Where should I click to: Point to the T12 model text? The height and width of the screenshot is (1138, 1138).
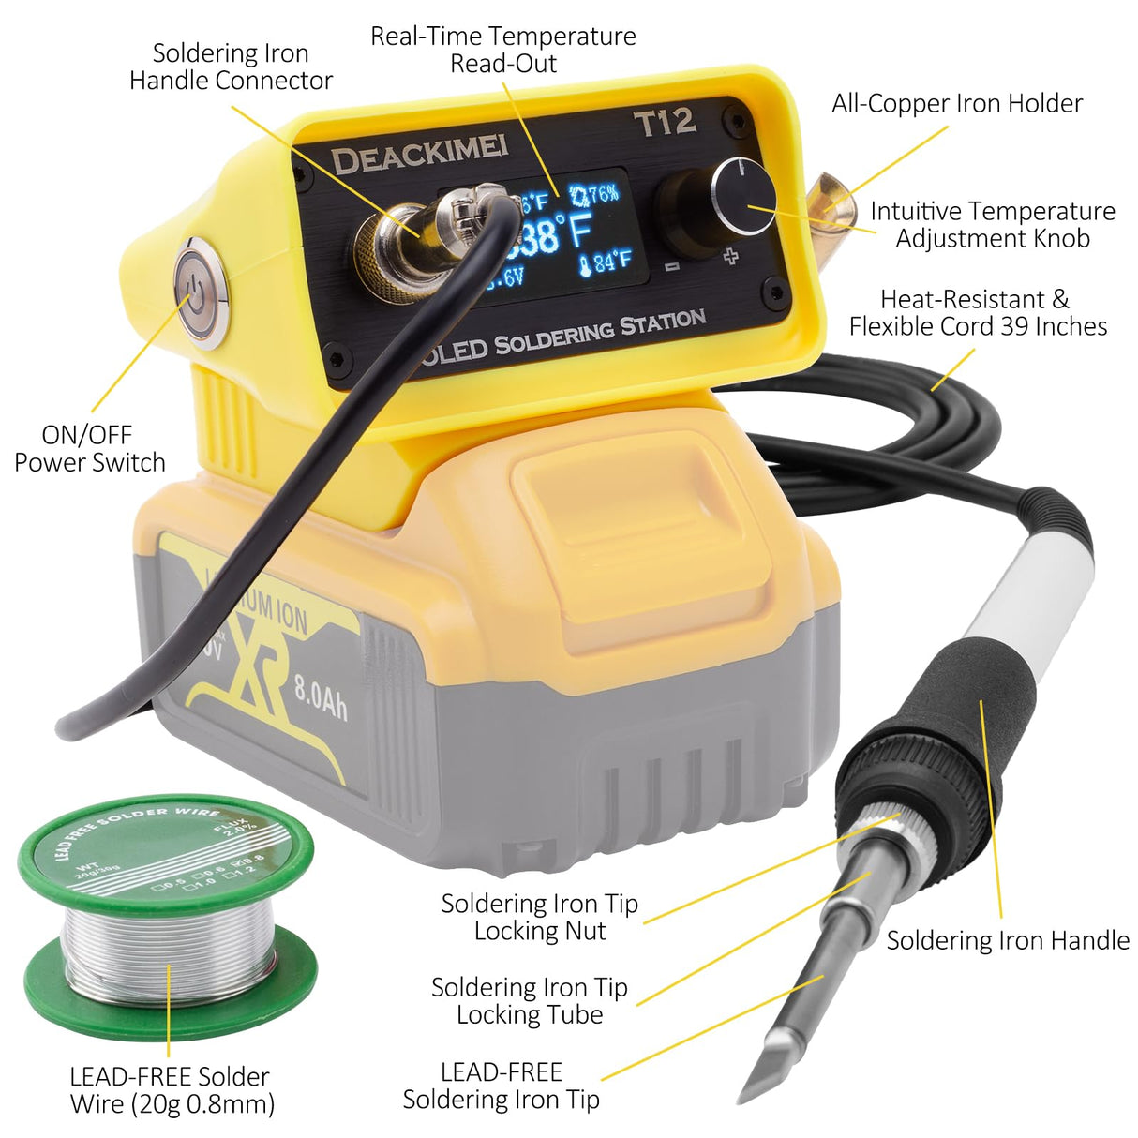[x=665, y=123]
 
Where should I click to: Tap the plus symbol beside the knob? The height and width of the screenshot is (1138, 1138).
[x=730, y=256]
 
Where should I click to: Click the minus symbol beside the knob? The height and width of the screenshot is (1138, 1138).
[x=671, y=267]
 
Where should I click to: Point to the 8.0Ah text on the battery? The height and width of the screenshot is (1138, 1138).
[x=321, y=695]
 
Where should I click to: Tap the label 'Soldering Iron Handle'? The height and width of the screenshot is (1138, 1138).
[x=1008, y=940]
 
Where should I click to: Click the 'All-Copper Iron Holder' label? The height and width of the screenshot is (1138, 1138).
[x=957, y=103]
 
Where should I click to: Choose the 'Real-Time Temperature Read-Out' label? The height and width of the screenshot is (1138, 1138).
[x=503, y=50]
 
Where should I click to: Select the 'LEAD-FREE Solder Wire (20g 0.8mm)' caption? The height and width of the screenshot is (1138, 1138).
[x=171, y=1090]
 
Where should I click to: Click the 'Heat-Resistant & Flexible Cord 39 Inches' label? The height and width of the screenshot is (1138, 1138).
[x=978, y=312]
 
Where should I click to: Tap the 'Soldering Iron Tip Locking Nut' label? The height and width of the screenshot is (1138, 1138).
[x=539, y=917]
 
